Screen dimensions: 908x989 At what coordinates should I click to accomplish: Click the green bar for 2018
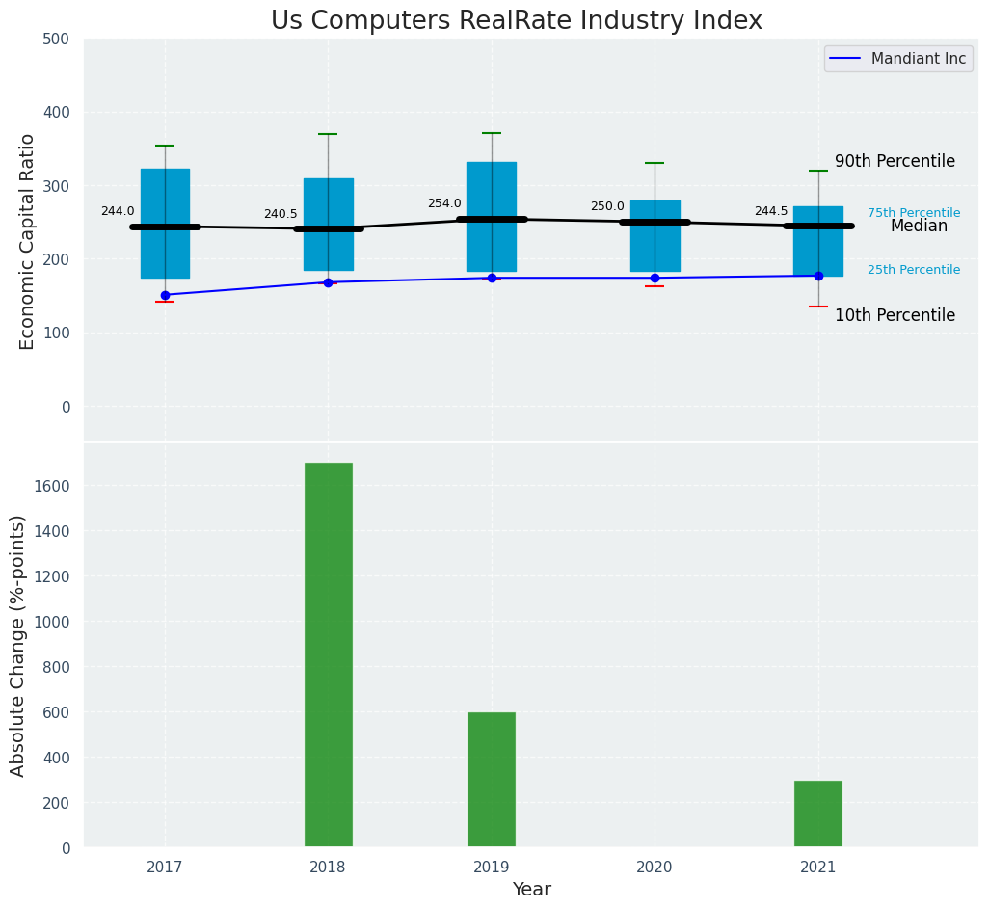(328, 654)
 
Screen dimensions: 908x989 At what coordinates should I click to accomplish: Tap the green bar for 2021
(817, 814)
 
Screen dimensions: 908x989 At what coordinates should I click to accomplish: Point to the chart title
(516, 21)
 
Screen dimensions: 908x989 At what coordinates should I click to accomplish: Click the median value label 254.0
(444, 203)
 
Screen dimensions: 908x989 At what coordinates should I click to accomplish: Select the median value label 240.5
(281, 214)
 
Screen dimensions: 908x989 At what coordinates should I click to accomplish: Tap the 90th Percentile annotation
(895, 162)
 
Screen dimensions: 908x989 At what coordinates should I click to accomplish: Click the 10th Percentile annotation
(895, 316)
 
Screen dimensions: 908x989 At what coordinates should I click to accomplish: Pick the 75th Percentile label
(913, 213)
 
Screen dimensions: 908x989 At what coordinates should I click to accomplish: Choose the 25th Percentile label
(913, 270)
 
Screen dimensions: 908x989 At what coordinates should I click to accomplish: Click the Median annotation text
(919, 227)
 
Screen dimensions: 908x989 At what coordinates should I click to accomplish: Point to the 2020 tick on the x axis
(655, 868)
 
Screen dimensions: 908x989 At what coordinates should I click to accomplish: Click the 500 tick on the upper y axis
(57, 40)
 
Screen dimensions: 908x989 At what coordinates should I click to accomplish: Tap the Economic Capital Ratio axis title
(27, 241)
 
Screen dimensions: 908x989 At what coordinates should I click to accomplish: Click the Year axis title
(531, 890)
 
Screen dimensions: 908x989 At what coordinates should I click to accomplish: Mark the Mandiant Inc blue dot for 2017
(165, 295)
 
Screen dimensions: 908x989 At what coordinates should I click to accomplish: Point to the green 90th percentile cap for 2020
(655, 163)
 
